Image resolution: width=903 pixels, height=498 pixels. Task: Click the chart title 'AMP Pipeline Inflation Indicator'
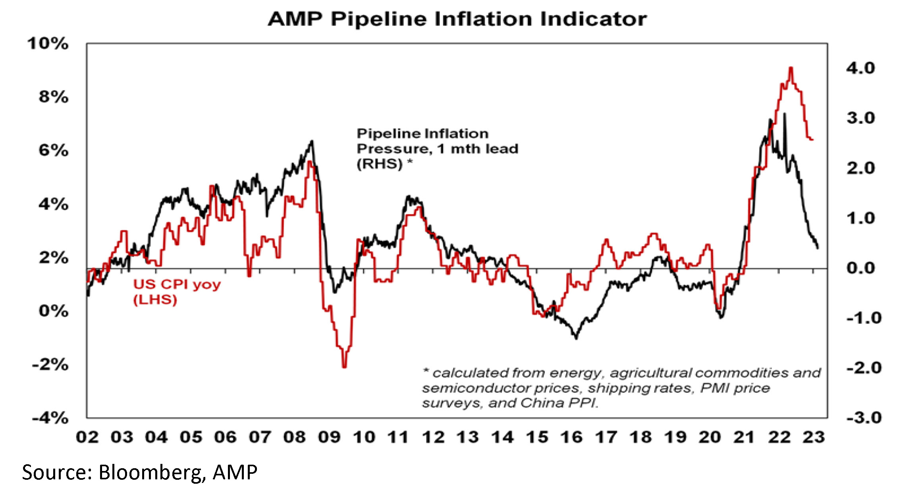(457, 19)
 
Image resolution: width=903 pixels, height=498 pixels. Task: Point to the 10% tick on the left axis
(48, 44)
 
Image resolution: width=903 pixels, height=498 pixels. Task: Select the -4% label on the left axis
(50, 418)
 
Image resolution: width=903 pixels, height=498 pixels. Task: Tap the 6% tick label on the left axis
(53, 151)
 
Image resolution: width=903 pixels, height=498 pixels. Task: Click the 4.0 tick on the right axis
(860, 68)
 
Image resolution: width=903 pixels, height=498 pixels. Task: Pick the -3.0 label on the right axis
(864, 418)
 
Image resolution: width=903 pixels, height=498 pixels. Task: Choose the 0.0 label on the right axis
(860, 268)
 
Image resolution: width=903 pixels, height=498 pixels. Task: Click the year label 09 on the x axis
(329, 437)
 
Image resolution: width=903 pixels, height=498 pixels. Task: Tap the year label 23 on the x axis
(814, 437)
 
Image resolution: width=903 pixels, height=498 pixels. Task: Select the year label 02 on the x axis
(87, 437)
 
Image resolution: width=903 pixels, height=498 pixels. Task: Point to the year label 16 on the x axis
(571, 437)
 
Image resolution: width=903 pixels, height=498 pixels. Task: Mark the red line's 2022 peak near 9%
(791, 68)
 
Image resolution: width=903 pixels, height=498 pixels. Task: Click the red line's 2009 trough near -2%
(344, 367)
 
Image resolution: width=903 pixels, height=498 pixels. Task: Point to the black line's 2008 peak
(312, 141)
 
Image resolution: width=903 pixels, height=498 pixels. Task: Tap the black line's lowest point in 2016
(576, 338)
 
